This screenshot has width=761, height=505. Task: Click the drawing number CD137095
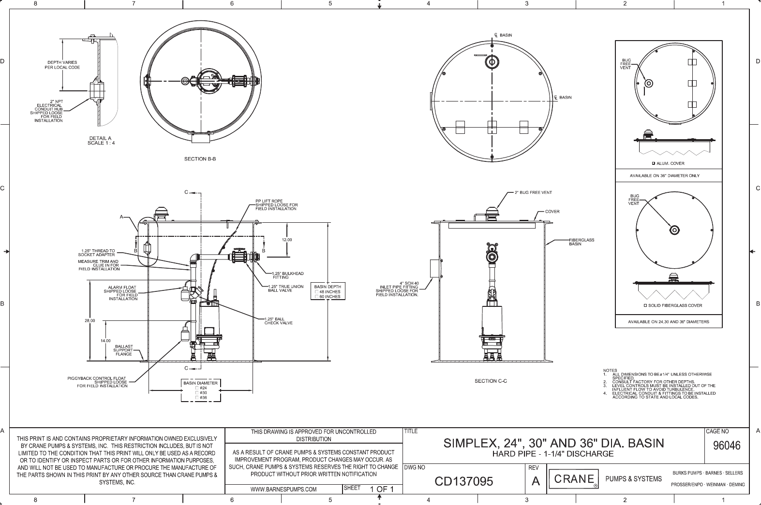[x=463, y=481]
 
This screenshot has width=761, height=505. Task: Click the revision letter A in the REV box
[x=535, y=481]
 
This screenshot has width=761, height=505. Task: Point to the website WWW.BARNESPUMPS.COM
[x=284, y=489]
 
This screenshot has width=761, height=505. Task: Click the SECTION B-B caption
[x=200, y=159]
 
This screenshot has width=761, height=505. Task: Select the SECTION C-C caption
[x=491, y=381]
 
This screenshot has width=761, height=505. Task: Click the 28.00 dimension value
[x=90, y=320]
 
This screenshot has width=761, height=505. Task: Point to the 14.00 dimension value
[x=105, y=341]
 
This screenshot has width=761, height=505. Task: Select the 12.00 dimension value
[x=287, y=239]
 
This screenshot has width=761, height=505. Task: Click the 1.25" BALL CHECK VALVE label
[x=278, y=321]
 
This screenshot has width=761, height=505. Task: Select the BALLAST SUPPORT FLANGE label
[x=123, y=350]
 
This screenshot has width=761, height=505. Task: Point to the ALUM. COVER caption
[x=670, y=163]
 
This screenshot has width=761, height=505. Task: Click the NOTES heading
[x=610, y=371]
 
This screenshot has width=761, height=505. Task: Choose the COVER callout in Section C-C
[x=552, y=212]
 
